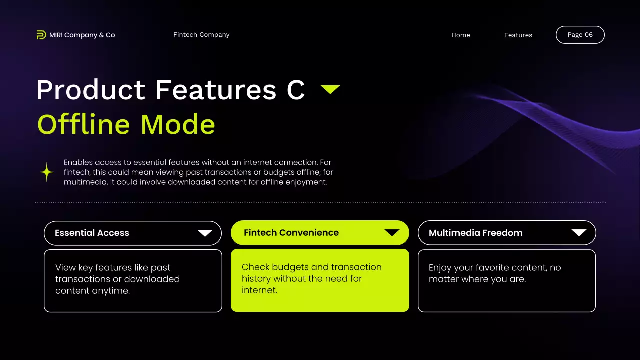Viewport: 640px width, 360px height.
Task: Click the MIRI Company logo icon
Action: point(41,35)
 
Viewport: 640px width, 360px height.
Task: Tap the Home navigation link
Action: point(460,35)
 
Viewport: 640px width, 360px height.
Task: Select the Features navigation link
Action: point(518,35)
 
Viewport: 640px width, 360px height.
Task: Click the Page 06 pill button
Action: point(580,35)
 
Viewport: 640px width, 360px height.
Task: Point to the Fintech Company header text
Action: point(201,35)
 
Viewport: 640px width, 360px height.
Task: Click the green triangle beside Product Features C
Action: point(330,89)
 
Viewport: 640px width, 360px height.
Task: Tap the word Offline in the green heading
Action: point(84,124)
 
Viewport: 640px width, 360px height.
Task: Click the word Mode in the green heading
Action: point(178,124)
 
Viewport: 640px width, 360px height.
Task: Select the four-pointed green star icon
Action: point(47,172)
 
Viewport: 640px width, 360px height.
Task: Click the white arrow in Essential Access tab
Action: point(205,233)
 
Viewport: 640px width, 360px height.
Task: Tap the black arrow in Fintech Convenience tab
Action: point(392,233)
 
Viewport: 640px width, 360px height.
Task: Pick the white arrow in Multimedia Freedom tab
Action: point(579,233)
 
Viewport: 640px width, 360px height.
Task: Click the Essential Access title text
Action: point(92,233)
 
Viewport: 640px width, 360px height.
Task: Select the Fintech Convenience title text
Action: point(291,233)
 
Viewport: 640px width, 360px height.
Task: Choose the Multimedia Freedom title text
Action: point(475,233)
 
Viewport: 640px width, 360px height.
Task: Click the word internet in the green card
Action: point(259,290)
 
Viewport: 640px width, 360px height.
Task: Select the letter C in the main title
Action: point(295,90)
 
